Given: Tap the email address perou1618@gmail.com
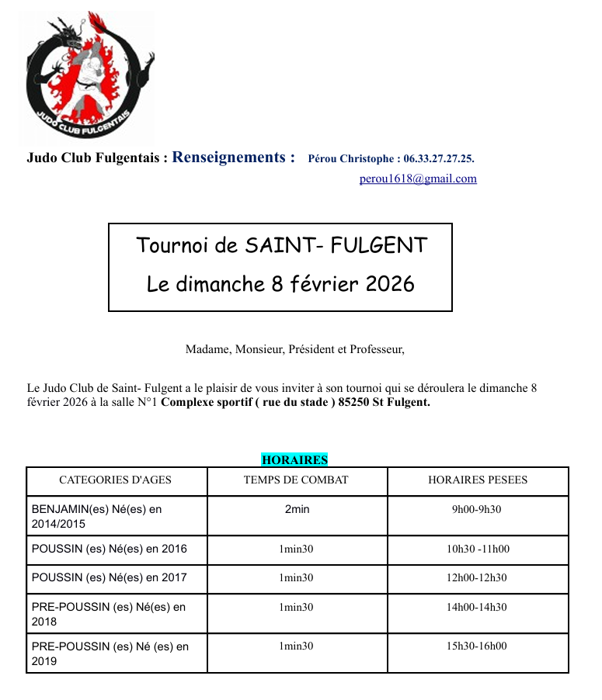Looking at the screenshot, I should pyautogui.click(x=418, y=178).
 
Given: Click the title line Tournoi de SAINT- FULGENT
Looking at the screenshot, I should pyautogui.click(x=281, y=246).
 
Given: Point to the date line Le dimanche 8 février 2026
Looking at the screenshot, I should pyautogui.click(x=280, y=284).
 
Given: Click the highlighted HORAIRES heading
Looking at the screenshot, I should pyautogui.click(x=294, y=459).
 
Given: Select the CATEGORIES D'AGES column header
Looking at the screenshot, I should pyautogui.click(x=116, y=480).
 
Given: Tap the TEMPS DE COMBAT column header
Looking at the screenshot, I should pyautogui.click(x=296, y=480).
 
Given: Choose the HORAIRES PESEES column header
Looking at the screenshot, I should pyautogui.click(x=478, y=480).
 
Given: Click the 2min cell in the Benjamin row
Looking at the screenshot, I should pyautogui.click(x=296, y=510).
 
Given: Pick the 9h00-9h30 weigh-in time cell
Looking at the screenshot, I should pyautogui.click(x=477, y=510).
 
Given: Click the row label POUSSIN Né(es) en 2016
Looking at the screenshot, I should pyautogui.click(x=110, y=549).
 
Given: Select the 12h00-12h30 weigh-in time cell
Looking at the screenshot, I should pyautogui.click(x=477, y=577).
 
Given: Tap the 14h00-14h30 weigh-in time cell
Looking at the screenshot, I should pyautogui.click(x=477, y=607).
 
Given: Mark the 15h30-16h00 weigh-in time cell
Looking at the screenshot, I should pyautogui.click(x=477, y=646).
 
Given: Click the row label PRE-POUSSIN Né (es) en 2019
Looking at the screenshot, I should pyautogui.click(x=110, y=653).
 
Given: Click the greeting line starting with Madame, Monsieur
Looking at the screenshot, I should pyautogui.click(x=294, y=349).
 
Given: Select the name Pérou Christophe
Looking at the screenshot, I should pyautogui.click(x=350, y=158).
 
